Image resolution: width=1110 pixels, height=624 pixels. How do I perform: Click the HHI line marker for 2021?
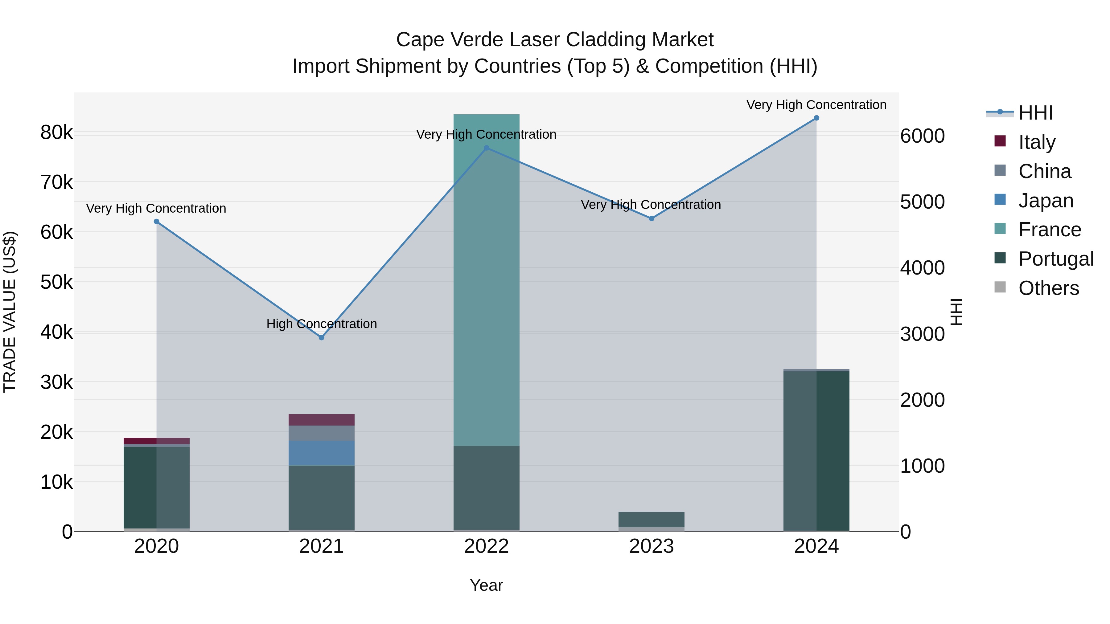pos(322,338)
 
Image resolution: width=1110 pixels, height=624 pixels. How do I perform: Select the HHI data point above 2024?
pos(816,118)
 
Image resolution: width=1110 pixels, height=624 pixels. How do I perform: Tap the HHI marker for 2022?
pos(487,148)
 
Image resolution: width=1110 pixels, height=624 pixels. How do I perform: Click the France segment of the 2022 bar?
pos(487,280)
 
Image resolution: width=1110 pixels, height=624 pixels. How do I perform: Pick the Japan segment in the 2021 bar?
pos(322,453)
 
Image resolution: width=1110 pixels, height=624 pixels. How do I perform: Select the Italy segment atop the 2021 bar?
pos(322,420)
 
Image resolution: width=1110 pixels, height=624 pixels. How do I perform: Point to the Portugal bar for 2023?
pos(651,519)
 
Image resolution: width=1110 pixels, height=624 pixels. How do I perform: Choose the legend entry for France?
pos(1049,230)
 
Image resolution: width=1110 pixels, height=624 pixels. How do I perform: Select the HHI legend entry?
pos(1035,113)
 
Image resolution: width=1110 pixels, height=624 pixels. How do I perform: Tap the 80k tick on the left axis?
pos(56,133)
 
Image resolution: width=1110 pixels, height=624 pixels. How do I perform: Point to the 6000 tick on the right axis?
pos(923,136)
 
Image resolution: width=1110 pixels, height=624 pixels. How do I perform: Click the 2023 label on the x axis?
pos(651,546)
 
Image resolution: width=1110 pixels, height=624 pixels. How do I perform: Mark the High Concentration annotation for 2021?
pos(322,324)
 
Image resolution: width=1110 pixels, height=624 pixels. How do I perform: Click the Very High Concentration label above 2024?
pos(816,105)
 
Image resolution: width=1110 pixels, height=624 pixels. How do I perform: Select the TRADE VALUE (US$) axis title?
pos(10,312)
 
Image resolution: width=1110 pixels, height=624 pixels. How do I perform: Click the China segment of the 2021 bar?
pos(322,433)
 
